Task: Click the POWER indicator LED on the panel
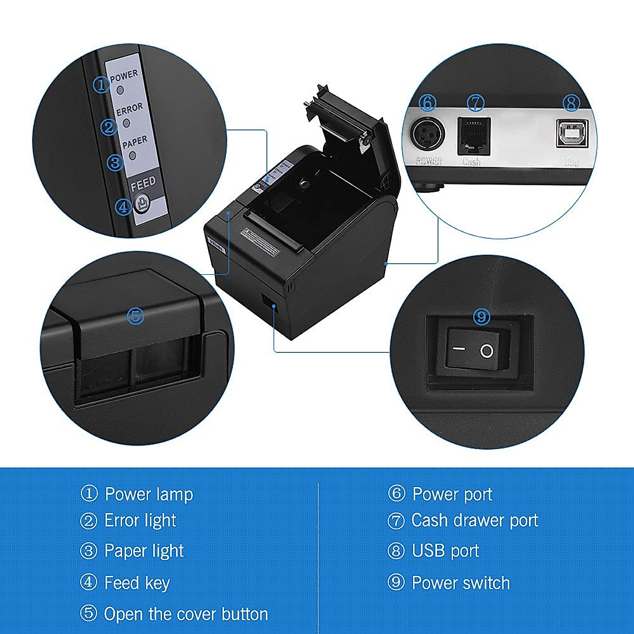pyautogui.click(x=120, y=90)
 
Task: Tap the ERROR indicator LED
pyautogui.click(x=126, y=123)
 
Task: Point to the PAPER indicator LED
pyautogui.click(x=132, y=156)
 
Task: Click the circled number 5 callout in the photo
pyautogui.click(x=136, y=316)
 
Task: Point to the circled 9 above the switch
pyautogui.click(x=481, y=316)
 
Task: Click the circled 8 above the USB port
pyautogui.click(x=571, y=102)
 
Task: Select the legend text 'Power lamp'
pyautogui.click(x=148, y=495)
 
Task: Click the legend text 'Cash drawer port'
pyautogui.click(x=474, y=520)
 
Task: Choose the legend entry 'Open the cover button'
pyautogui.click(x=185, y=614)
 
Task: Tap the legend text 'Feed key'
pyautogui.click(x=137, y=583)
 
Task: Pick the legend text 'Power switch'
pyautogui.click(x=461, y=583)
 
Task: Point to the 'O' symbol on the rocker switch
pyautogui.click(x=487, y=351)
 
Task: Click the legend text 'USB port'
pyautogui.click(x=445, y=551)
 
